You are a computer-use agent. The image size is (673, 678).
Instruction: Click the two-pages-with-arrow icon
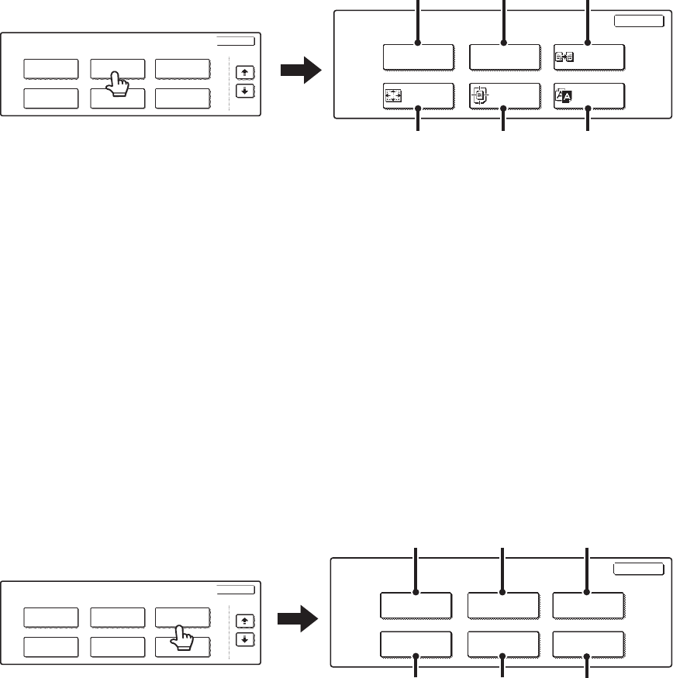coord(564,57)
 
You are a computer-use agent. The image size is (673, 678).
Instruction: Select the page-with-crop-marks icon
coord(479,97)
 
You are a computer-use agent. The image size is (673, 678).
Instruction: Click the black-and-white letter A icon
coord(564,96)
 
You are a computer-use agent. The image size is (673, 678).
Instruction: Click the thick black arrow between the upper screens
coord(299,72)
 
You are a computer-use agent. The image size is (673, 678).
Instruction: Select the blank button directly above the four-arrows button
coord(418,57)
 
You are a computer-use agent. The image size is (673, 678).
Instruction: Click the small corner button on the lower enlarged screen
coord(638,569)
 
